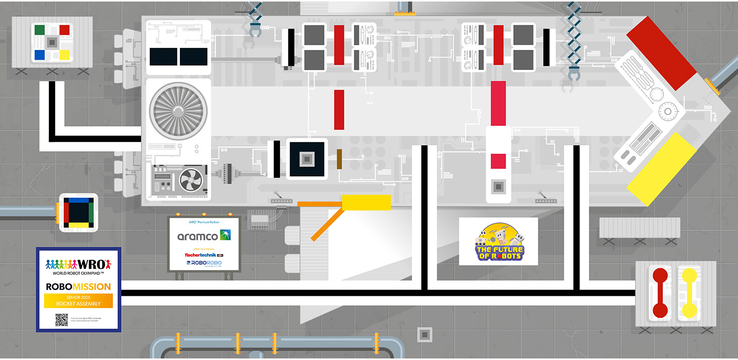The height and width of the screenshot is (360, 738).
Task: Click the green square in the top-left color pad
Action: click(x=39, y=29)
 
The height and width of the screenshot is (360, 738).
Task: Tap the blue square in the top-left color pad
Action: click(x=39, y=55)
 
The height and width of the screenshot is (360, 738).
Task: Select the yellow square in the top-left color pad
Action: click(x=64, y=55)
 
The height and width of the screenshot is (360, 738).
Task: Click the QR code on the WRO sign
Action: click(x=61, y=320)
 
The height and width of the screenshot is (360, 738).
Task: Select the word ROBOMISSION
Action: click(x=78, y=286)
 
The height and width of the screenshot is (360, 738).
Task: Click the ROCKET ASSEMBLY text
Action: click(x=78, y=303)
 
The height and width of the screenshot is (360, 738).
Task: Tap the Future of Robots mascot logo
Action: click(x=498, y=241)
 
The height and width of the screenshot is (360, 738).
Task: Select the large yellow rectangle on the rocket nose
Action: click(x=662, y=168)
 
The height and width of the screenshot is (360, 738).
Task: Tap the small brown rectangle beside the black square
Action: click(x=339, y=159)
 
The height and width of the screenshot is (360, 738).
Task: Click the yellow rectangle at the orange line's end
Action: click(x=366, y=203)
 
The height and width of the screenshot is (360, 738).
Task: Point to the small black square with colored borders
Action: click(x=78, y=212)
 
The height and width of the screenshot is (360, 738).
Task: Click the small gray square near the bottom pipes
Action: click(x=424, y=334)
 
